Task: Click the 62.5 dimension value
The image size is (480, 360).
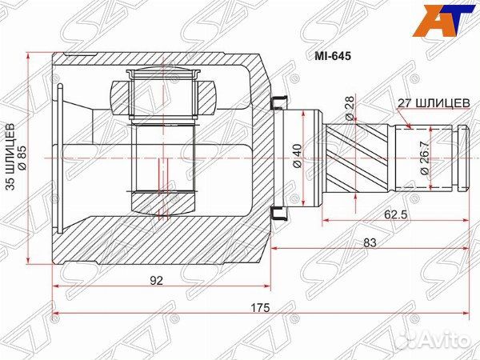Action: coord(392,214)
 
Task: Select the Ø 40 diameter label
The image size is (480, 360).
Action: coord(298,153)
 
